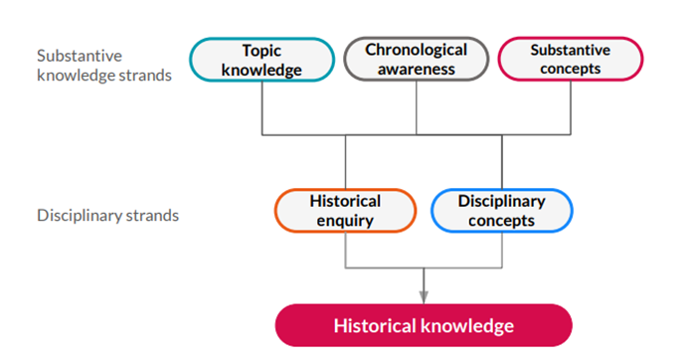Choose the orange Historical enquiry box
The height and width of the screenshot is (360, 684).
(345, 210)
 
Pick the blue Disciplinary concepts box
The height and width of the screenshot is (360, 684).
(502, 210)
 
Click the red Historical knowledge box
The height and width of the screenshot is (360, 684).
(424, 325)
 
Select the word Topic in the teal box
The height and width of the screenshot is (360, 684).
(262, 49)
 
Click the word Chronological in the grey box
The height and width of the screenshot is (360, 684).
(417, 49)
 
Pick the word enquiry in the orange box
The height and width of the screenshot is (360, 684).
(345, 220)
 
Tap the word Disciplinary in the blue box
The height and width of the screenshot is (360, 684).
(502, 201)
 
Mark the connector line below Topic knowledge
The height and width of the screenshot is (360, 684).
(261, 107)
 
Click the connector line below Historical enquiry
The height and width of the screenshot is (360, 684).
(345, 249)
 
